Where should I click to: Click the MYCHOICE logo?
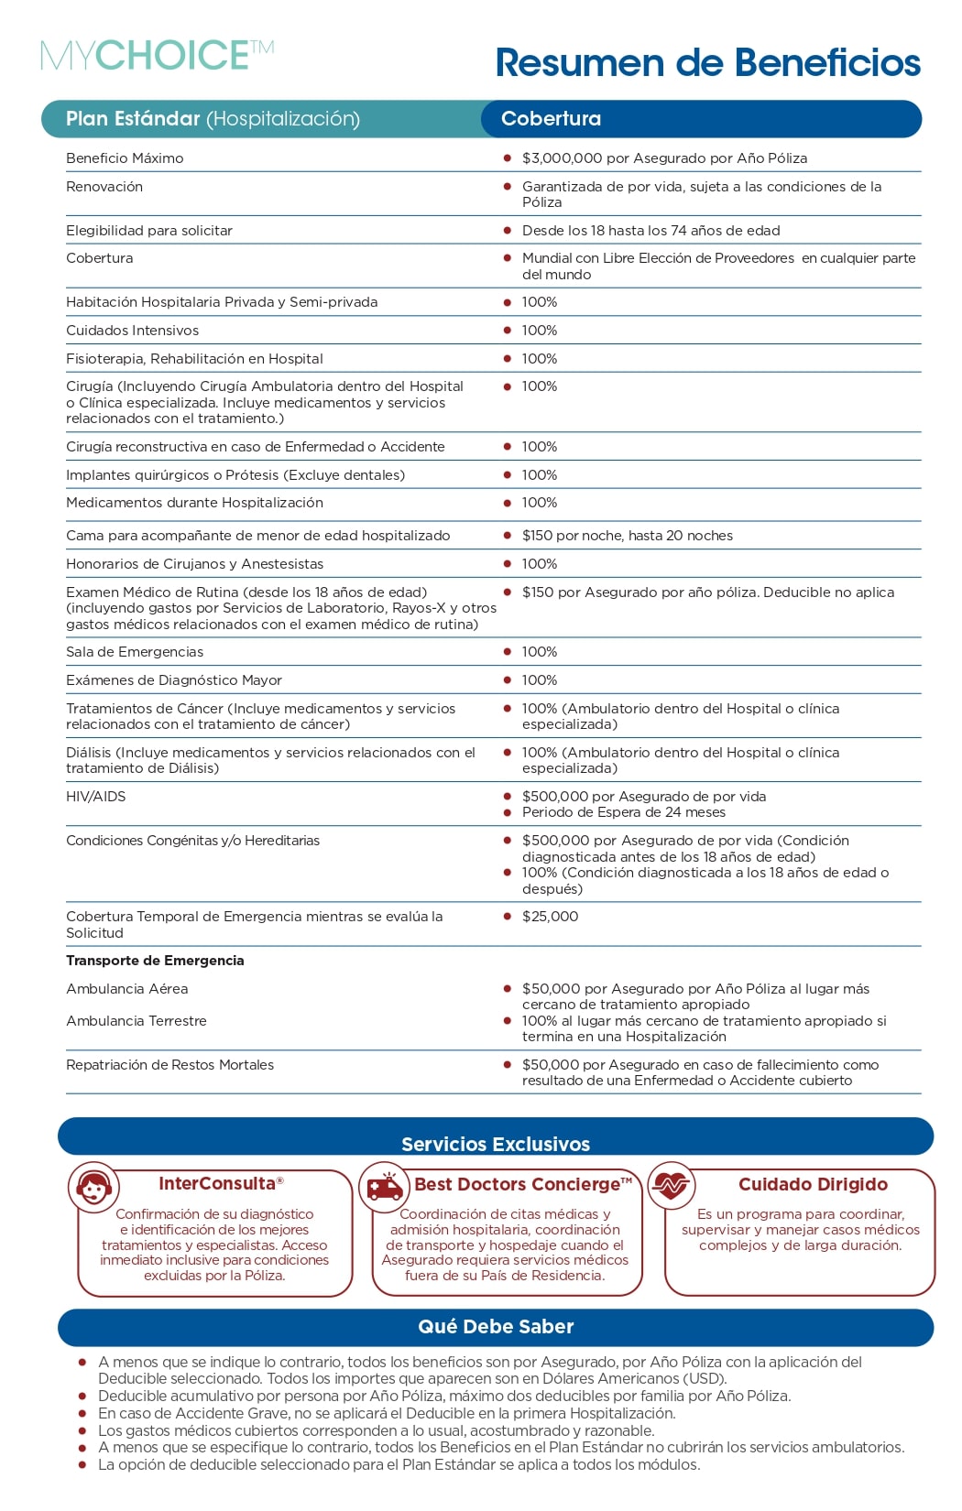(x=157, y=56)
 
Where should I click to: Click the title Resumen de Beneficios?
(x=707, y=63)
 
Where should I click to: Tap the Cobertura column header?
(x=551, y=119)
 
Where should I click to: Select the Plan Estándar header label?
(x=213, y=119)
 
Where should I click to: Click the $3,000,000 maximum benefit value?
(x=664, y=158)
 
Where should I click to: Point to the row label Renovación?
(x=104, y=187)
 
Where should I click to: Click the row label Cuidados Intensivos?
(x=132, y=331)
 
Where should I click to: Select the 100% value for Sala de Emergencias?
(x=539, y=652)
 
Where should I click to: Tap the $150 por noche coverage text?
(x=627, y=536)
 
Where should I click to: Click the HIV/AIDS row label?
(x=95, y=797)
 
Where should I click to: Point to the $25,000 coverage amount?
(x=550, y=917)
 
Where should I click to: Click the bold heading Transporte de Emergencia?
(x=155, y=961)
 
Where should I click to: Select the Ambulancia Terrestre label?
(x=137, y=1021)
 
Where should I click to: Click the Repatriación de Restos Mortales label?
(x=169, y=1065)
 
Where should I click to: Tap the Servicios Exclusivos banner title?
(x=496, y=1144)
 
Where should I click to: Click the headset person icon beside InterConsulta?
(x=94, y=1188)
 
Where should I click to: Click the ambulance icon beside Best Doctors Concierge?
(x=385, y=1187)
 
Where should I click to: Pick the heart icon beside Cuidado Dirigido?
(x=672, y=1186)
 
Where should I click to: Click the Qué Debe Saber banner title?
(x=496, y=1327)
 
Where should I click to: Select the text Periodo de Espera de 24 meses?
(x=623, y=813)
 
